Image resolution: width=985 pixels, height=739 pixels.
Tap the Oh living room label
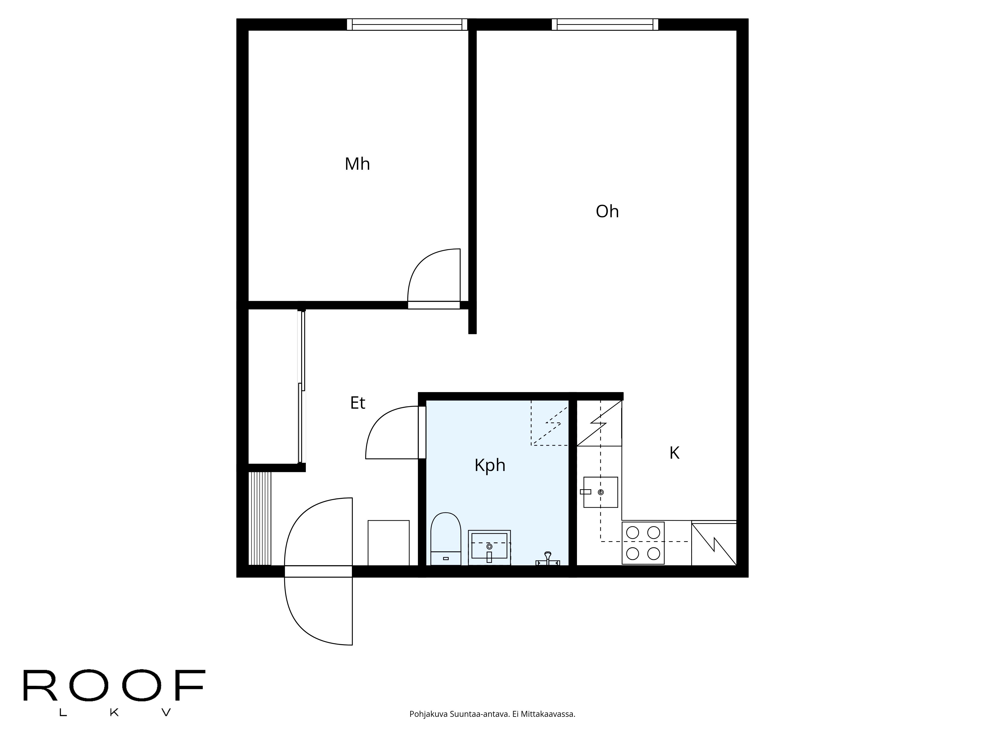pos(607,212)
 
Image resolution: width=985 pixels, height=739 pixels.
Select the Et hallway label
pos(358,403)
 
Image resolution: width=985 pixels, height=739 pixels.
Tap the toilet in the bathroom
pos(446,539)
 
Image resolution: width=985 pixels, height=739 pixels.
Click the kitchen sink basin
pos(600,492)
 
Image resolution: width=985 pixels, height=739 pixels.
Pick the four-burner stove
pos(643,543)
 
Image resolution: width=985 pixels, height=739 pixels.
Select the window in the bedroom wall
pos(407,24)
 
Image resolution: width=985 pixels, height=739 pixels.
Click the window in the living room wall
pos(605,24)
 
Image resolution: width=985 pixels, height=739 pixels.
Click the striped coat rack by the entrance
pos(260,518)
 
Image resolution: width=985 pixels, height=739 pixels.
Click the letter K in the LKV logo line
pos(114,713)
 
